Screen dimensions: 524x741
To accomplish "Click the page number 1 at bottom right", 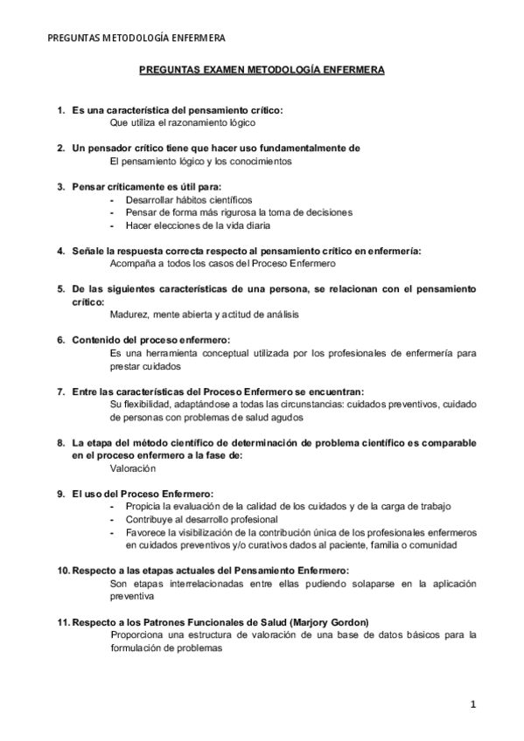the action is point(472,703).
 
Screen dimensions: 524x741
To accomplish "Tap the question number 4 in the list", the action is point(60,251).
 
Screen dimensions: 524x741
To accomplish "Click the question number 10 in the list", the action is point(62,570).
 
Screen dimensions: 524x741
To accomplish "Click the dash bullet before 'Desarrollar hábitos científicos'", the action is point(114,199).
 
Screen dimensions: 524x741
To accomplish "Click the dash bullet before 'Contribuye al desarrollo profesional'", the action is point(114,519).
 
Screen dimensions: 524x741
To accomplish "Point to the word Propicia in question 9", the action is point(144,507).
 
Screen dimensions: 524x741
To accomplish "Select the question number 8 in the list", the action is point(60,443).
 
